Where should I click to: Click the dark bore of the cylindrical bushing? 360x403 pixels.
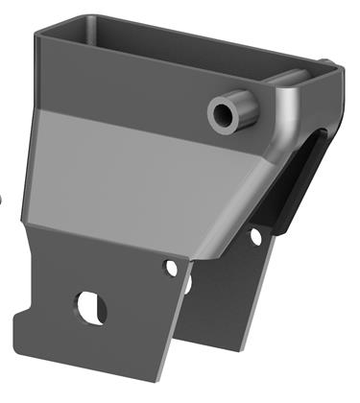(x=225, y=112)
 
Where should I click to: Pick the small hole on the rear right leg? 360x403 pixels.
(x=256, y=234)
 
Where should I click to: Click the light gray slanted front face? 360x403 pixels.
(x=144, y=178)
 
